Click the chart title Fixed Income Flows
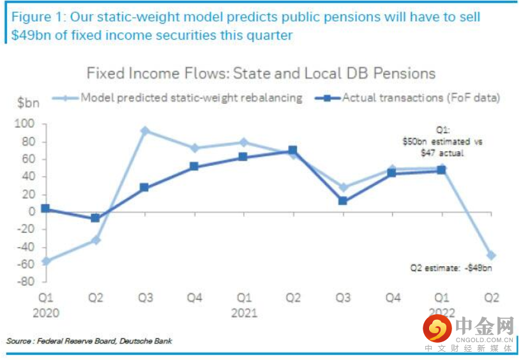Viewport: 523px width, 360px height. pyautogui.click(x=261, y=73)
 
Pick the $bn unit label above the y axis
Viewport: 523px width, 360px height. pyautogui.click(x=27, y=101)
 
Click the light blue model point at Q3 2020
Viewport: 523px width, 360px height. pyautogui.click(x=145, y=130)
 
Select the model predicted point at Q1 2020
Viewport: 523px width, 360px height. pyautogui.click(x=45, y=261)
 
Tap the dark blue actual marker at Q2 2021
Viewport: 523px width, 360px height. pyautogui.click(x=293, y=151)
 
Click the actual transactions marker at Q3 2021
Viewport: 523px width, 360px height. pyautogui.click(x=343, y=200)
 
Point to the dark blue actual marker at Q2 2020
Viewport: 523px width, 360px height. pyautogui.click(x=95, y=218)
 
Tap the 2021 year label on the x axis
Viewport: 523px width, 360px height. pyautogui.click(x=244, y=312)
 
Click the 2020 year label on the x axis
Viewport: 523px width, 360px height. pyautogui.click(x=45, y=312)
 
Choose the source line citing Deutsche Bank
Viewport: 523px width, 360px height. pyautogui.click(x=89, y=341)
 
